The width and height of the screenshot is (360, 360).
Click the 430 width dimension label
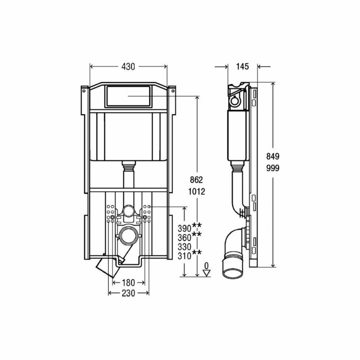tap(128, 66)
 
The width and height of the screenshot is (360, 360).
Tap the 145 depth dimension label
tap(243, 66)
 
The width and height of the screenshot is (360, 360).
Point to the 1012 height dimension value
tap(197, 192)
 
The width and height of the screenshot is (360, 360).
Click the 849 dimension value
tap(273, 157)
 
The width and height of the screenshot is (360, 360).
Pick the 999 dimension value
tap(273, 168)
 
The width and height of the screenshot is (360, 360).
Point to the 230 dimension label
tap(128, 293)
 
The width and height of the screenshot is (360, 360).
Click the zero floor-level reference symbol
tap(206, 270)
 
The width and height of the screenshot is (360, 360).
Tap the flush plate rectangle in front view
tap(128, 96)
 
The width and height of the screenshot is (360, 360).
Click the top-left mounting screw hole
tap(84, 91)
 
